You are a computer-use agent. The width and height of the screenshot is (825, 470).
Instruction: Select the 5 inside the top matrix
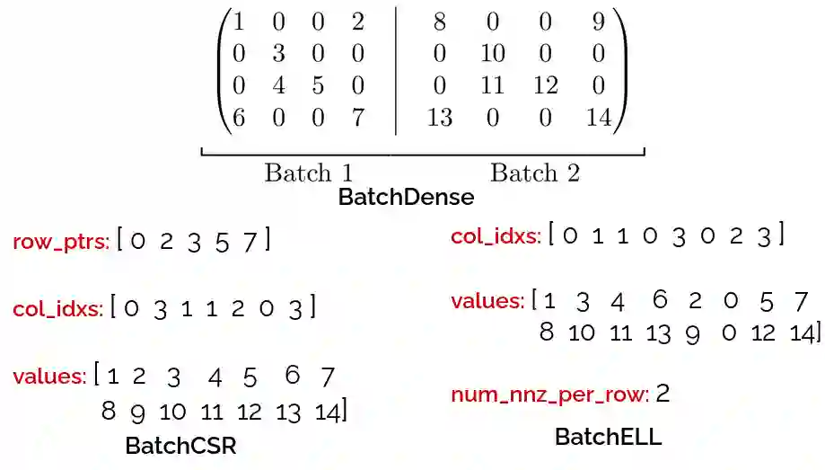click(318, 86)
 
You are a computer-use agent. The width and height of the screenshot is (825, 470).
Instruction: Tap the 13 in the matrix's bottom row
click(439, 118)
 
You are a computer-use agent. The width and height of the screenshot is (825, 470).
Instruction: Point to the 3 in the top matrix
click(278, 54)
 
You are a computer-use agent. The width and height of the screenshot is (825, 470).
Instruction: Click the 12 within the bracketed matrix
click(545, 86)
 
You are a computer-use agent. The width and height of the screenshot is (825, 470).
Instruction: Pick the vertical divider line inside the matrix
click(395, 70)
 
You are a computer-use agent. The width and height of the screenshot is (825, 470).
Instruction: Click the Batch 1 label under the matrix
click(308, 173)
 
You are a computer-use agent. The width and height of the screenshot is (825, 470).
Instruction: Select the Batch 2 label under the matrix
click(534, 173)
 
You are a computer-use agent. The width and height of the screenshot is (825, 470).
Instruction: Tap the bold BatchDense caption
click(406, 196)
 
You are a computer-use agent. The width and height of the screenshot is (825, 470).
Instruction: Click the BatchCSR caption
click(180, 445)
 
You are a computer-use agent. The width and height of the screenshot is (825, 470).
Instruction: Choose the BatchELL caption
click(608, 438)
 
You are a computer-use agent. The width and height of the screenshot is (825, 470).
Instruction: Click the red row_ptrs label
click(61, 242)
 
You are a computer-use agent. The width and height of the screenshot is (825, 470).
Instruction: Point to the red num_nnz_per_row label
click(549, 395)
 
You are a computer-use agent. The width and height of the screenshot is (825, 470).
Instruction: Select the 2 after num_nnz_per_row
click(663, 394)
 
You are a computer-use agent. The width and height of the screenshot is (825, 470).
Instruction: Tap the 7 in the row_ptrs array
click(250, 242)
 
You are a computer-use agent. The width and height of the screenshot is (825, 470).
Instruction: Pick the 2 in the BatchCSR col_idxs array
click(237, 309)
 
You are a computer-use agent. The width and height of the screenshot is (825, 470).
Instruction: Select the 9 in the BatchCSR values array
click(137, 412)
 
